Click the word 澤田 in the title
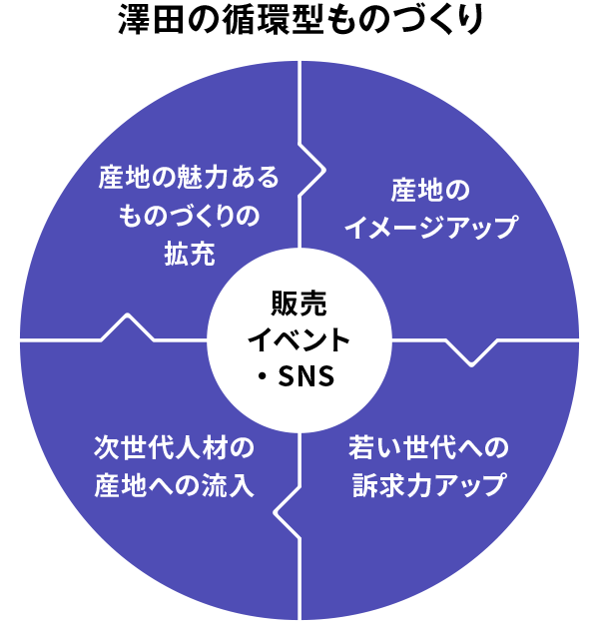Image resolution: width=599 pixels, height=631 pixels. click(142, 19)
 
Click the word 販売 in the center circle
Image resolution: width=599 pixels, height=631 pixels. click(299, 303)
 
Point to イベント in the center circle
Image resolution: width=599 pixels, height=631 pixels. click(299, 339)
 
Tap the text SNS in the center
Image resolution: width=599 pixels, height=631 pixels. click(312, 376)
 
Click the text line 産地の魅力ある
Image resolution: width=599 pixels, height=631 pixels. click(189, 178)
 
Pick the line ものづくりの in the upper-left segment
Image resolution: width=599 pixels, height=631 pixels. click(189, 216)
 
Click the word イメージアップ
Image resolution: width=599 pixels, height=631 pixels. click(430, 227)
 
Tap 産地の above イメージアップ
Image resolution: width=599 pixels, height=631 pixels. click(430, 190)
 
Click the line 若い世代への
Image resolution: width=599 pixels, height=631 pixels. click(429, 445)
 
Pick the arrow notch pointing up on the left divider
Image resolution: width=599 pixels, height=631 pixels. click(128, 325)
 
